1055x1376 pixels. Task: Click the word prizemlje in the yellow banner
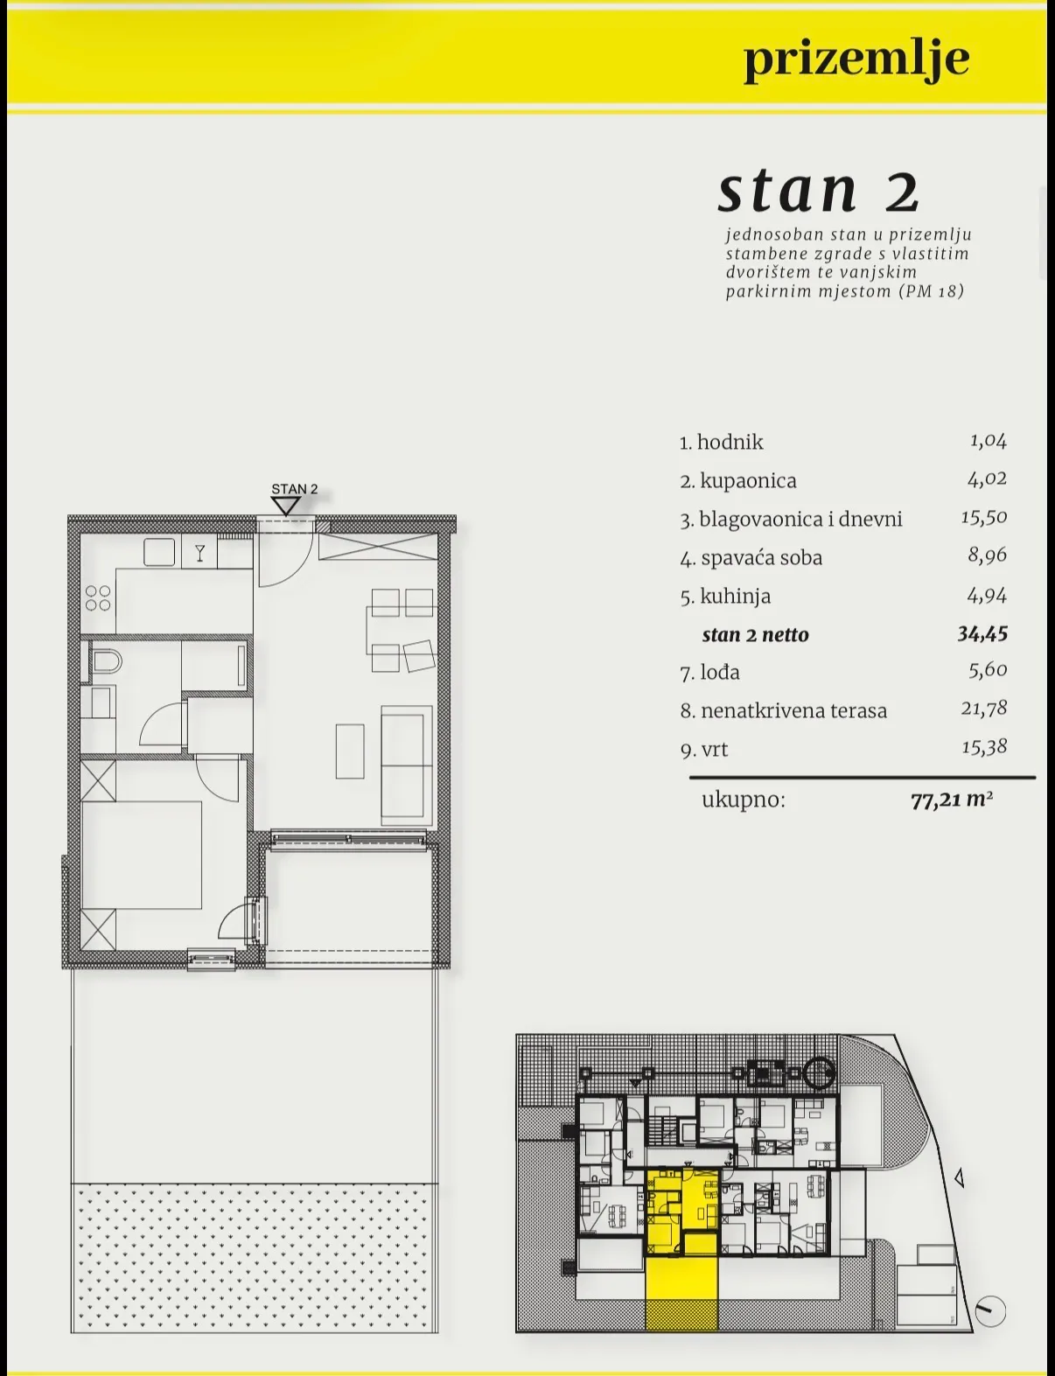tap(856, 60)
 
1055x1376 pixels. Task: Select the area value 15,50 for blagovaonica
tap(983, 517)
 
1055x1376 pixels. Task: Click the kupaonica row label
tap(738, 481)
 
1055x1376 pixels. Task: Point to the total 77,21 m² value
tap(951, 800)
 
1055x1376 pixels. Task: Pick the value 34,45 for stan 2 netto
tap(982, 634)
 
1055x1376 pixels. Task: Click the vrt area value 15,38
tap(984, 747)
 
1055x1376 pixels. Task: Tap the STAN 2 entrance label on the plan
tap(295, 489)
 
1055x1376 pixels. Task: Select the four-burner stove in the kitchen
tap(98, 597)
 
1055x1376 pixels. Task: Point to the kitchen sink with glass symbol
tap(199, 552)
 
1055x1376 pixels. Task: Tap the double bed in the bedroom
tap(142, 855)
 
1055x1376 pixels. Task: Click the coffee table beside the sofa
tap(350, 751)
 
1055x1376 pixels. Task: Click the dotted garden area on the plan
tap(254, 1257)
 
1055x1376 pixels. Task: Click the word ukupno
tap(744, 800)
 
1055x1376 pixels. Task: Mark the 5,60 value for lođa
tap(988, 670)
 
